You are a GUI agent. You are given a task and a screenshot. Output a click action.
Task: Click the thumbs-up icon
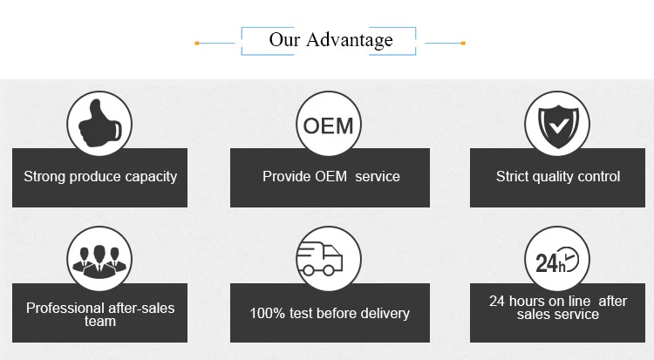pos(99,125)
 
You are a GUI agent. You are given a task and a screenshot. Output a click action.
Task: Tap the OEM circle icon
pos(329,125)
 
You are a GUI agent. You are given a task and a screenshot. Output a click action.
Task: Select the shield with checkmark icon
pos(556,125)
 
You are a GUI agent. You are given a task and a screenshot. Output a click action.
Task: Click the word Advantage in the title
pos(349,40)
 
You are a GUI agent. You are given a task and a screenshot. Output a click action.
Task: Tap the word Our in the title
pos(283,40)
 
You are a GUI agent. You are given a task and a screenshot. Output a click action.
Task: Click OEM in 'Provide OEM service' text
pos(335,177)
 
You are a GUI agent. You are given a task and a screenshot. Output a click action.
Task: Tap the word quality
pos(557,177)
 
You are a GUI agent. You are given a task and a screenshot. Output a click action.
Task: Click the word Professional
pos(63,308)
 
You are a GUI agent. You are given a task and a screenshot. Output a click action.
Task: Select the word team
pos(99,321)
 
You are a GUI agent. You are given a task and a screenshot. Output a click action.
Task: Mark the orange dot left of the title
pos(197,42)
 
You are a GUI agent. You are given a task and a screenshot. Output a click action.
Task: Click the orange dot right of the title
pos(463,42)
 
